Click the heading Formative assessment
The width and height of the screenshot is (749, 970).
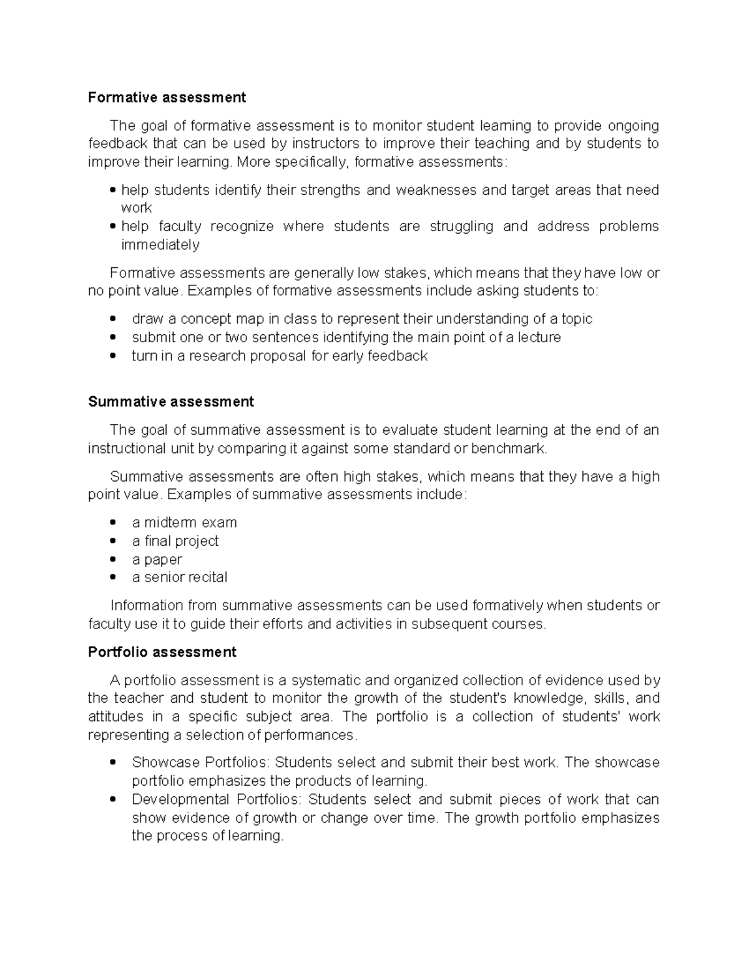pos(167,97)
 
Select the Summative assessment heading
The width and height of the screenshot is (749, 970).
pos(170,402)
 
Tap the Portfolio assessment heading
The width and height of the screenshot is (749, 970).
pos(162,652)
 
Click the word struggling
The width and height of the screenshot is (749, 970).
pos(461,226)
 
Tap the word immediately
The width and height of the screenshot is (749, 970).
pos(160,244)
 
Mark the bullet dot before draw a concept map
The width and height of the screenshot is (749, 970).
pos(112,319)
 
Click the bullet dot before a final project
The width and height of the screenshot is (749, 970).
pos(112,541)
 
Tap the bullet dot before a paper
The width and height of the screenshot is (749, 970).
pos(112,559)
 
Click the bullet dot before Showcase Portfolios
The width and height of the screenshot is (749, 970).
pos(112,763)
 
